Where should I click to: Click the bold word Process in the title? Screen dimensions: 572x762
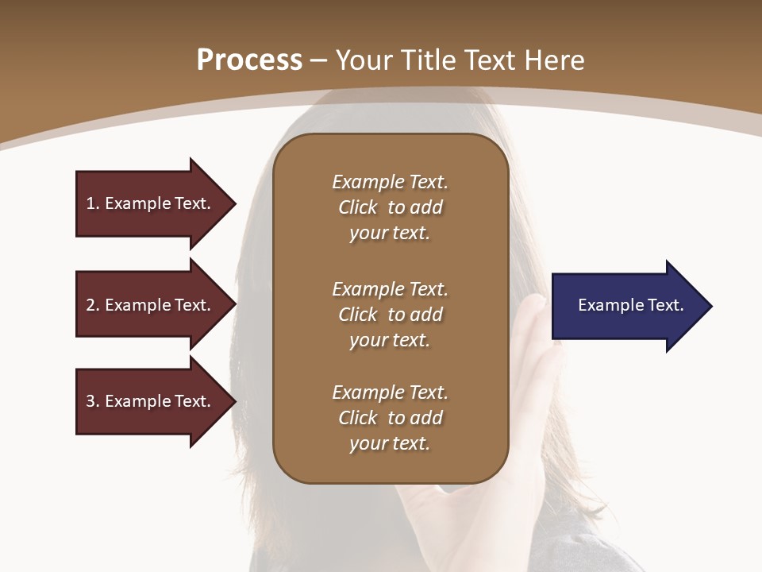point(249,60)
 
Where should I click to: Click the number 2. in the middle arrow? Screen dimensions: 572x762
point(93,305)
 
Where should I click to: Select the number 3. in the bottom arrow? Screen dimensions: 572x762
point(93,401)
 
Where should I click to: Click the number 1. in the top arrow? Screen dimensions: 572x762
point(93,203)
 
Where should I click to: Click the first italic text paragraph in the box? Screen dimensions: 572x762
point(390,207)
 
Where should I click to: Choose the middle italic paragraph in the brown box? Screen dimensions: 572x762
point(390,315)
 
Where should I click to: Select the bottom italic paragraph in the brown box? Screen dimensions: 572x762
point(390,418)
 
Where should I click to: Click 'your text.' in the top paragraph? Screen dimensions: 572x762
point(390,233)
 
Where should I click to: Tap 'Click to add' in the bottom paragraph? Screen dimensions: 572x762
point(390,418)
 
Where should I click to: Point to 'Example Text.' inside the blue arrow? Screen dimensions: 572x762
point(631,305)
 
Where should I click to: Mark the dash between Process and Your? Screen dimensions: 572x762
point(319,60)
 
